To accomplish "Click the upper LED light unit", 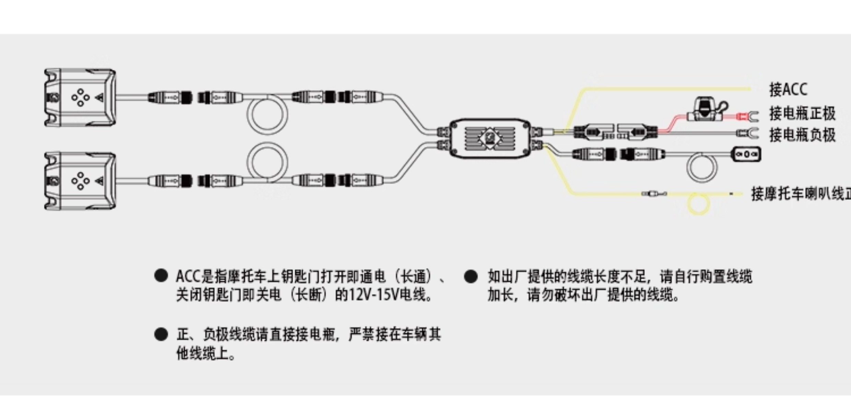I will click(x=80, y=98).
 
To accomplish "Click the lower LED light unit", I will click(x=80, y=181).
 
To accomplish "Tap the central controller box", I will click(x=490, y=138).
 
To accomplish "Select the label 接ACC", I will click(x=788, y=89).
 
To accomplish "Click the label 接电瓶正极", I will click(x=802, y=113).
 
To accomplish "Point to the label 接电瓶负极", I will click(x=802, y=135).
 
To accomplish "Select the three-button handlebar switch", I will click(x=746, y=155).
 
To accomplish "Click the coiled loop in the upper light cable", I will click(x=267, y=114).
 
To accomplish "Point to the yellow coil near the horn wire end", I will click(x=698, y=204).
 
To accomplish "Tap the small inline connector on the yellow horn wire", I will click(x=654, y=194).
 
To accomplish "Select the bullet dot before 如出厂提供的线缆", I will click(x=470, y=276).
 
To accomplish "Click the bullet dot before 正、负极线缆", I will click(x=161, y=334).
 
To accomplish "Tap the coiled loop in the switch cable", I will click(x=702, y=167).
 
